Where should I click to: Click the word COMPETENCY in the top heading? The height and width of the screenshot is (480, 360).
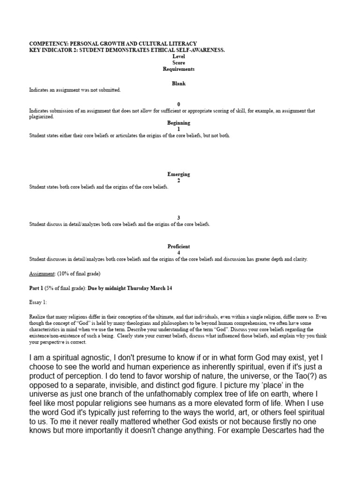(45, 44)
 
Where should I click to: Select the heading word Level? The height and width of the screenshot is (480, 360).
(179, 56)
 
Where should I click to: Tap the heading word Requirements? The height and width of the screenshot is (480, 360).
(179, 69)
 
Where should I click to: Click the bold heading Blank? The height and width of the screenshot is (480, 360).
(179, 83)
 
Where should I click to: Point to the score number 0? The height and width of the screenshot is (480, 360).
(179, 104)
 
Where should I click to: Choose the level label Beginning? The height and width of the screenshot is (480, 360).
(179, 123)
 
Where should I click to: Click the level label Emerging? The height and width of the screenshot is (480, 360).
(179, 174)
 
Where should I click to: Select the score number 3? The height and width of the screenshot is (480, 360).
(179, 218)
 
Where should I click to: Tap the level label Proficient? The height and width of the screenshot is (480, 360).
(179, 246)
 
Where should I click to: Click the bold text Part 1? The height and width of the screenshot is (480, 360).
(37, 288)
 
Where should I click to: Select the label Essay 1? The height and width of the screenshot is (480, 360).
(38, 302)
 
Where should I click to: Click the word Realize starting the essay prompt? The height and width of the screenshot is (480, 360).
(37, 317)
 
